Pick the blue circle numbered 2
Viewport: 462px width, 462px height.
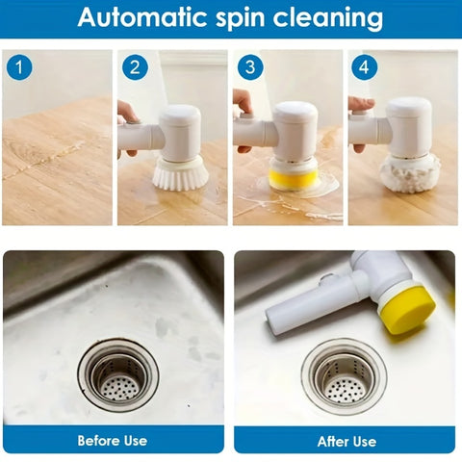pos(134,67)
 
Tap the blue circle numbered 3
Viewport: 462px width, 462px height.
pos(249,67)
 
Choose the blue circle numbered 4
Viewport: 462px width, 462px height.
pos(365,67)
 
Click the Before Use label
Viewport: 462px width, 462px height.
pos(113,440)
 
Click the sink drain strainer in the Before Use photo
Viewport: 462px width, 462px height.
pos(118,374)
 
